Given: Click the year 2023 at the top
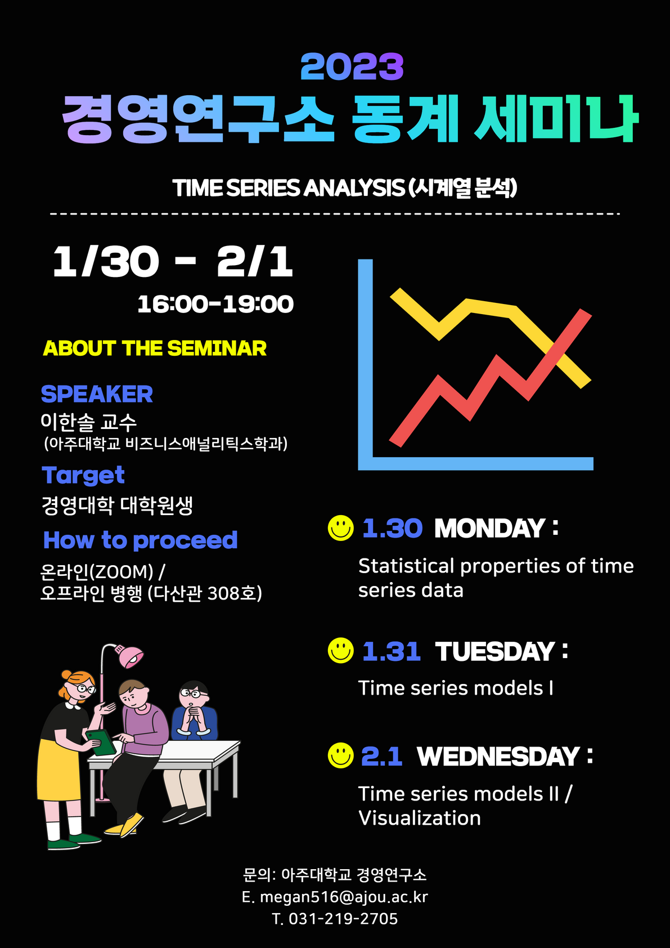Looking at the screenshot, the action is [x=352, y=66].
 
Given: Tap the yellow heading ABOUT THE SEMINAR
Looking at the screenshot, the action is [x=155, y=348].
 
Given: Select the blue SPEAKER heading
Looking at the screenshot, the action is [x=97, y=394].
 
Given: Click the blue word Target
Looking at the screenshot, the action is [x=83, y=475].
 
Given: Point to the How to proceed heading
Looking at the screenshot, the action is [x=141, y=540].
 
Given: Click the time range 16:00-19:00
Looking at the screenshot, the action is [x=215, y=305].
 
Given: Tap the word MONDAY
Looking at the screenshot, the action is [x=489, y=528].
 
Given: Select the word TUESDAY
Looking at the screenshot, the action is [x=495, y=651].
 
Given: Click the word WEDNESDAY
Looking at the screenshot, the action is [x=498, y=756].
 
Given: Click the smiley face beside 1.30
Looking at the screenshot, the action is [x=340, y=527].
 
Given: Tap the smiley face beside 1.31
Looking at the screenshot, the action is [x=340, y=650].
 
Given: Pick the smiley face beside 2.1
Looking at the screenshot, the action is [x=340, y=755].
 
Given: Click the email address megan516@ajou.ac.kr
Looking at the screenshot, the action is [x=344, y=897].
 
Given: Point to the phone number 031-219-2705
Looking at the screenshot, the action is [x=343, y=919].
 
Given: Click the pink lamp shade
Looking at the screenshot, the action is [x=131, y=656].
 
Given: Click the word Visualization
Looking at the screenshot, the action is [x=420, y=818].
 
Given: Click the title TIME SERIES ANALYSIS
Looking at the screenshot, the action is [x=288, y=188].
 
